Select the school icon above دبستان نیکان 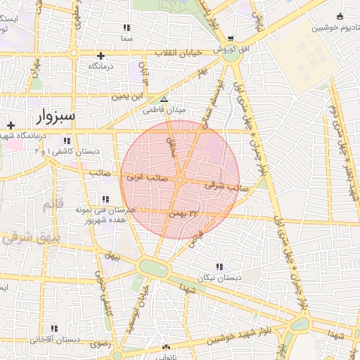coord(220,267)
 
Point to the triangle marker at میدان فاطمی coord(164,100)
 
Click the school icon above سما coord(127,27)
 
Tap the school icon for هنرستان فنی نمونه coord(106,199)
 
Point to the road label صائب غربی coord(146,178)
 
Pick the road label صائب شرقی coord(222,186)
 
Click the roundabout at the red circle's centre coord(180,180)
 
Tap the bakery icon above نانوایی coord(166,347)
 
